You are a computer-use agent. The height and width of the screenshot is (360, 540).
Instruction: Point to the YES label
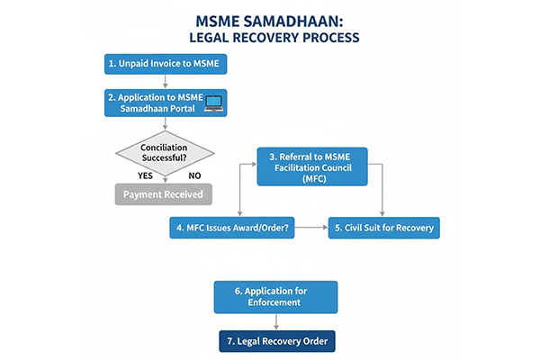tap(143, 175)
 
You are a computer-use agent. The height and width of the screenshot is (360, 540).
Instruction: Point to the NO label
tap(193, 175)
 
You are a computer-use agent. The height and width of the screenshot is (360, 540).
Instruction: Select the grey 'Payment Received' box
tap(163, 193)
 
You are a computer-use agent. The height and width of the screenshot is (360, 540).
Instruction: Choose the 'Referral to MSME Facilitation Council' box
tap(315, 167)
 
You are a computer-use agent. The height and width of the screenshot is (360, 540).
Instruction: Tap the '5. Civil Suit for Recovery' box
tap(384, 228)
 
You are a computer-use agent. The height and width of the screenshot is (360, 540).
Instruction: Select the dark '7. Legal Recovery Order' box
tap(276, 342)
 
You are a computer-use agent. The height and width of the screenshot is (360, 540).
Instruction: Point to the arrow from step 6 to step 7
tap(276, 323)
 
